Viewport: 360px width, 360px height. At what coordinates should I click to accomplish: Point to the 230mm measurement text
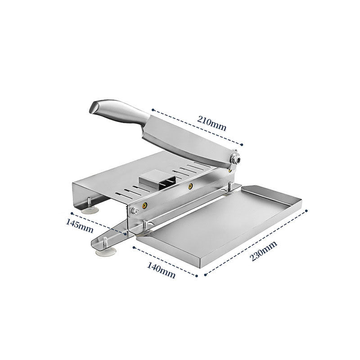coord(264,252)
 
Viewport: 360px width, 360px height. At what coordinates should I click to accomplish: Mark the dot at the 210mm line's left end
coord(153,109)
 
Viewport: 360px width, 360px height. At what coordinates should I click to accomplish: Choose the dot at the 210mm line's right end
coord(242,144)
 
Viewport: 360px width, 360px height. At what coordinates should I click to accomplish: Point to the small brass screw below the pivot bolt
coord(230,169)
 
